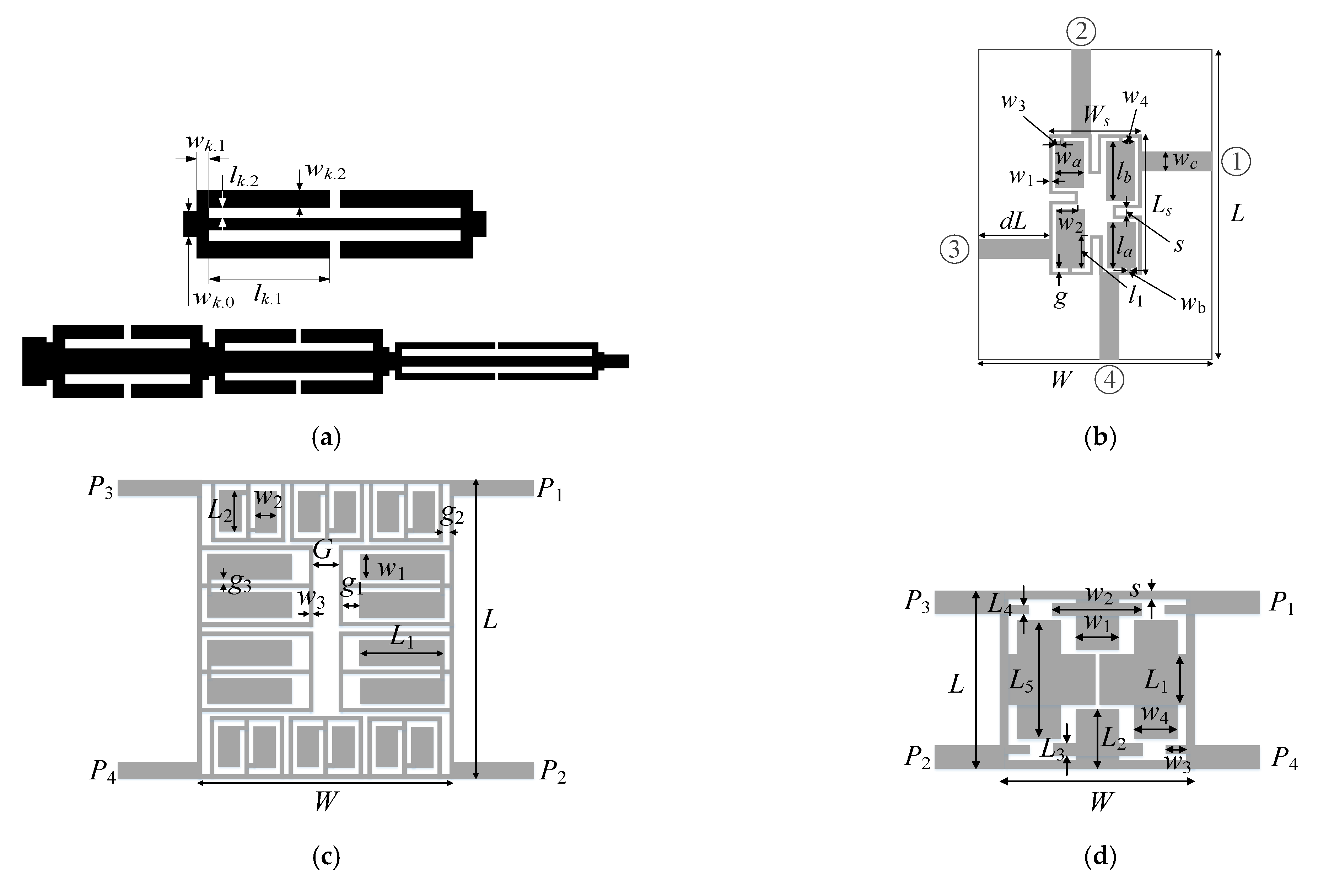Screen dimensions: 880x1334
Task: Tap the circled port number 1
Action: tap(1236, 162)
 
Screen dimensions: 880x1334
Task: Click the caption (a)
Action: tap(326, 437)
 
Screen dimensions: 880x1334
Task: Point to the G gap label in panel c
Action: tap(323, 550)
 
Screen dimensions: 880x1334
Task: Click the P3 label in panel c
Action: tap(100, 488)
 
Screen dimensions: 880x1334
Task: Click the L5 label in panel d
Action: tap(1021, 682)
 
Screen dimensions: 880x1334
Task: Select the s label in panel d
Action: tap(1135, 589)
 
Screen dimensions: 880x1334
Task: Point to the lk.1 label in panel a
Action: tap(268, 294)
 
